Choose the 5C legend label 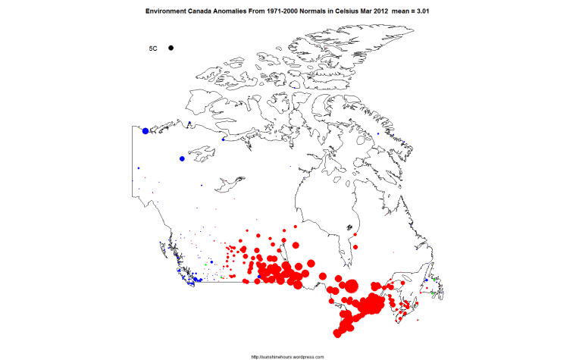pos(152,49)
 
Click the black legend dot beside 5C pos(171,49)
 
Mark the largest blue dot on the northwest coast pos(146,131)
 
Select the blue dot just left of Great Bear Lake pos(182,158)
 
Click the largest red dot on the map pos(352,286)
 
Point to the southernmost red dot pos(339,333)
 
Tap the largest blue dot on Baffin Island pos(378,134)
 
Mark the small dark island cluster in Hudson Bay pos(349,227)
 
